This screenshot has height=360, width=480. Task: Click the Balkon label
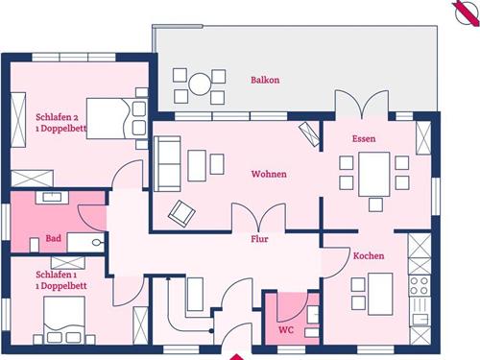tap(265, 80)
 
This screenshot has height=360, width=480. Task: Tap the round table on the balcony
tap(200, 84)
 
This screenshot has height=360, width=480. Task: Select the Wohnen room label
tap(269, 174)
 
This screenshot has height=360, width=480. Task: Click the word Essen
tap(364, 138)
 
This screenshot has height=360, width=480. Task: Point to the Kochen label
tap(369, 255)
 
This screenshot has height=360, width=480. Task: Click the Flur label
tap(259, 239)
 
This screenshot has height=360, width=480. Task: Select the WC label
tap(286, 329)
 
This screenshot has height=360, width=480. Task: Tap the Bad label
tap(54, 238)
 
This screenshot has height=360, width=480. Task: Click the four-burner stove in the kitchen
tap(420, 286)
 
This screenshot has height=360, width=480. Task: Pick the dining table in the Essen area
tap(374, 174)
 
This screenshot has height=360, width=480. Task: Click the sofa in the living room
tap(167, 164)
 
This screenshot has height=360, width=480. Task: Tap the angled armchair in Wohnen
tap(181, 214)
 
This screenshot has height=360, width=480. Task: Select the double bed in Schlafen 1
tap(64, 320)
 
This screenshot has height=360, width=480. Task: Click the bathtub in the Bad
tap(85, 243)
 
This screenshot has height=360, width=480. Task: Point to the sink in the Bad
tap(52, 197)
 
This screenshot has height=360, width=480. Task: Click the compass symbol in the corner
tap(466, 12)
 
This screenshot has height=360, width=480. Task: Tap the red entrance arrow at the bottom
tap(237, 357)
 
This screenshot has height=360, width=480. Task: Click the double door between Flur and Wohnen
tap(258, 217)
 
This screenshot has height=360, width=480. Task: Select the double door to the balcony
tap(362, 104)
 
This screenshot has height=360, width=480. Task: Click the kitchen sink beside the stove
tap(420, 311)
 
